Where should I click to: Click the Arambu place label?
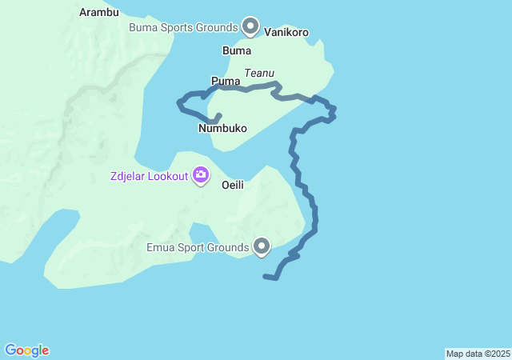tap(99, 12)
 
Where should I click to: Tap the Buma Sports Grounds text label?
tap(184, 27)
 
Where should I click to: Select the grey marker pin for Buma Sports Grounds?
tap(250, 26)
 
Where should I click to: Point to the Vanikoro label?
tap(286, 33)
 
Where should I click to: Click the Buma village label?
tap(236, 50)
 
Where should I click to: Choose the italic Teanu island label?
tap(259, 73)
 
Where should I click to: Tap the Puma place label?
tap(226, 81)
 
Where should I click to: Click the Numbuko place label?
tap(222, 128)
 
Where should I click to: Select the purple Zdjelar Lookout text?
tap(149, 176)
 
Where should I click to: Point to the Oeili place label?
tap(232, 184)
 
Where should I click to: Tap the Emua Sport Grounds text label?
tap(198, 247)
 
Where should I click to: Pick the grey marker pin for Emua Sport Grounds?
tap(262, 246)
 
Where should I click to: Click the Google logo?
tap(26, 350)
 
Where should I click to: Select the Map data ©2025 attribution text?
tap(478, 354)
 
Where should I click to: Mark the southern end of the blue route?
tap(265, 277)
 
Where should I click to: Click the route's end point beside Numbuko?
tap(218, 116)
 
